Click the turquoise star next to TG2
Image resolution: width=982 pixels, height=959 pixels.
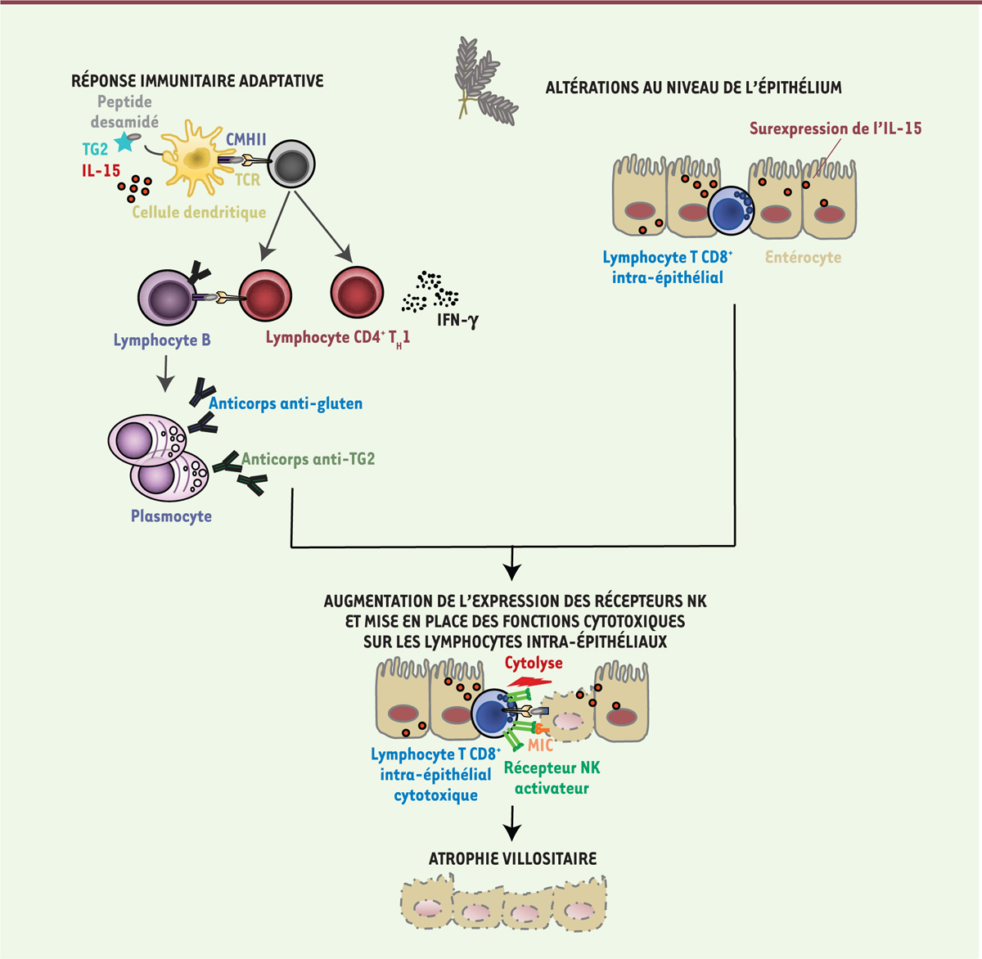[x=124, y=142]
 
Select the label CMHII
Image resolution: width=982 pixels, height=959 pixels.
[x=245, y=139]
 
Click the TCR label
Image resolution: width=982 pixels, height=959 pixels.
[x=247, y=179]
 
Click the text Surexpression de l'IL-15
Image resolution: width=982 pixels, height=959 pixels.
[x=835, y=128]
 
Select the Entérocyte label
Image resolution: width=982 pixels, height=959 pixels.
[x=803, y=257]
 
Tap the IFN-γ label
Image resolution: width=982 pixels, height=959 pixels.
[x=457, y=320]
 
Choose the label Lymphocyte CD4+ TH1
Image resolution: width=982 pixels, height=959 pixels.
[x=337, y=338]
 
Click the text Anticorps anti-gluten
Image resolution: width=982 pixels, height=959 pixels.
[x=286, y=403]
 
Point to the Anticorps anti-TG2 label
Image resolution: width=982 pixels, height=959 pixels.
[x=309, y=459]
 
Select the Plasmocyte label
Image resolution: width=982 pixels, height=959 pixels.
[x=171, y=516]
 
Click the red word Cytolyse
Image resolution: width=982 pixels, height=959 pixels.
[x=534, y=663]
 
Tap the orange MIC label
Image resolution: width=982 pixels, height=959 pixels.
[x=540, y=745]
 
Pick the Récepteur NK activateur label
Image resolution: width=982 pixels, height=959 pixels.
[x=552, y=778]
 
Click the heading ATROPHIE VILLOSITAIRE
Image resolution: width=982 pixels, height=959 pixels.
[x=512, y=858]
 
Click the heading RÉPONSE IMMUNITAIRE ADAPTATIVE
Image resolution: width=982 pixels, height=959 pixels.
[x=197, y=81]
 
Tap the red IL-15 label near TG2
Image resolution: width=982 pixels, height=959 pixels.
[x=101, y=171]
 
